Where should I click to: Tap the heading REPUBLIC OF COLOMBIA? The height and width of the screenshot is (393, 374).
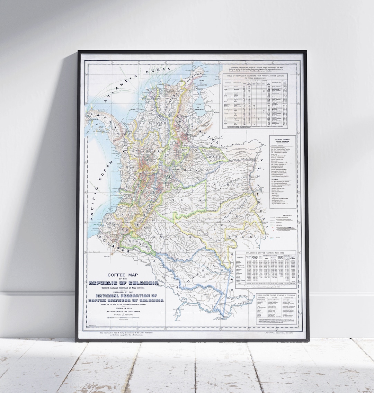(x=124, y=274)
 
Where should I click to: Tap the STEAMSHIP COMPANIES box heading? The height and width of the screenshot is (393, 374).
(x=283, y=139)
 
